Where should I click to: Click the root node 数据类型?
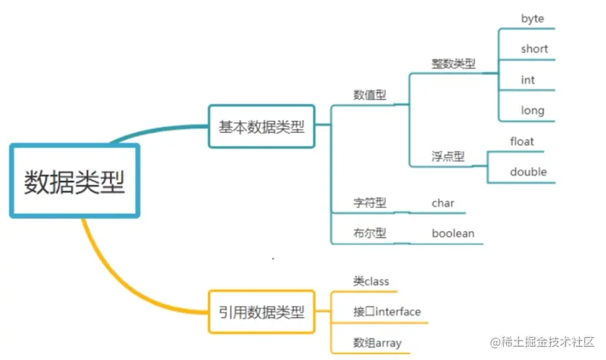click(74, 181)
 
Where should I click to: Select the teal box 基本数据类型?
click(262, 127)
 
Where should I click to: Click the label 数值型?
click(370, 95)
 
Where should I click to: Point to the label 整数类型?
click(453, 64)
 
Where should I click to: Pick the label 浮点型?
click(448, 157)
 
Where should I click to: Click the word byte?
click(532, 19)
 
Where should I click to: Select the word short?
click(534, 49)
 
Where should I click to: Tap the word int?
click(528, 80)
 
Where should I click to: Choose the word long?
click(532, 110)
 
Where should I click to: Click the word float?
click(522, 142)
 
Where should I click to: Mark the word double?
click(528, 172)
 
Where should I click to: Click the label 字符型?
click(370, 203)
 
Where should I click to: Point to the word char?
click(443, 203)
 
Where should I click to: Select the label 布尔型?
click(370, 233)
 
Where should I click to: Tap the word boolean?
click(453, 233)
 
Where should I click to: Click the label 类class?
click(371, 282)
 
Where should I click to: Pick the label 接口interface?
click(387, 312)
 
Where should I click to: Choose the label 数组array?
click(378, 343)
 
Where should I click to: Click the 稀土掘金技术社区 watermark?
click(543, 342)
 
